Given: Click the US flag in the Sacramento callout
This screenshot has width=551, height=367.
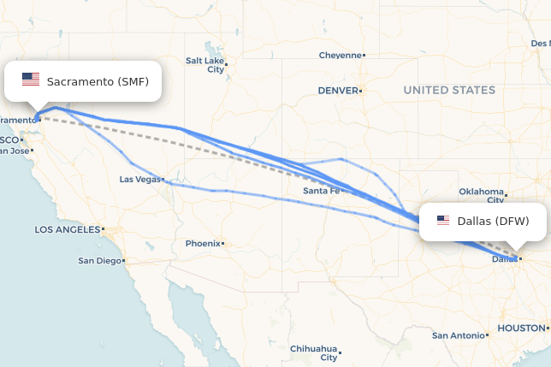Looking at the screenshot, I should (x=31, y=80).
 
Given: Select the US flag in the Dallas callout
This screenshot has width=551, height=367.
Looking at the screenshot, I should (x=443, y=221).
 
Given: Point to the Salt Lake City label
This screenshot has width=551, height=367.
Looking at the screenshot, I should (x=205, y=65).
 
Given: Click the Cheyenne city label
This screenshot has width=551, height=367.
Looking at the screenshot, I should (x=340, y=55).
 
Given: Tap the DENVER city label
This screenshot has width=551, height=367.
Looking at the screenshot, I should (x=338, y=90).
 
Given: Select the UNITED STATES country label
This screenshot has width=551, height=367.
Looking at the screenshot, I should (x=449, y=90).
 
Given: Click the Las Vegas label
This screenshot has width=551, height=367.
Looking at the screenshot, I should (x=139, y=180).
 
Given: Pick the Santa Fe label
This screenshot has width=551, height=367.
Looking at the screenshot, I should (x=322, y=191).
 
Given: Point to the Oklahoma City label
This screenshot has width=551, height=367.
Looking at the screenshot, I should (x=481, y=195).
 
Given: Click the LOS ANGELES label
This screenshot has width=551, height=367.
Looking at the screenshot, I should (x=67, y=229).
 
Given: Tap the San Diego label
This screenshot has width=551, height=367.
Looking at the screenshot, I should (x=99, y=260).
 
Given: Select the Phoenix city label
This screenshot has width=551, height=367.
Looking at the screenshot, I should (x=203, y=244).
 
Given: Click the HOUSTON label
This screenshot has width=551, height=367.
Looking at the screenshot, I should (x=520, y=328).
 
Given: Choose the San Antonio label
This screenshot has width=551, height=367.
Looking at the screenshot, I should (x=459, y=335).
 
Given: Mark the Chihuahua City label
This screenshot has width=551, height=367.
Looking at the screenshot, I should (x=313, y=352).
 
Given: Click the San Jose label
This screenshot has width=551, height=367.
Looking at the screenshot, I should (x=14, y=151).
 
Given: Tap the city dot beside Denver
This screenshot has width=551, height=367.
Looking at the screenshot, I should (x=362, y=90).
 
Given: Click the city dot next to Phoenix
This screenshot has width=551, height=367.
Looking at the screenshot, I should (x=223, y=244).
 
